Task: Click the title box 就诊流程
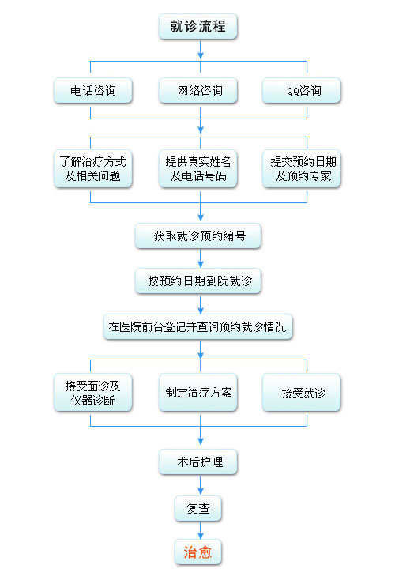[197, 26]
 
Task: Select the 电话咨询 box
[93, 90]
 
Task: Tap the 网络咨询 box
[197, 90]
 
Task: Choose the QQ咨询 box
[302, 90]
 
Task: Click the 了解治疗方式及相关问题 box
[93, 168]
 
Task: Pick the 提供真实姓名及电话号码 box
[197, 168]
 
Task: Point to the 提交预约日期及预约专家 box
[302, 168]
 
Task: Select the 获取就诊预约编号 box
[198, 235]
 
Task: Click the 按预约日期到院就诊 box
[198, 281]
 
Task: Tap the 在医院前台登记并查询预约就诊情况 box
[198, 326]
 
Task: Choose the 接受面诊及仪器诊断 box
[93, 393]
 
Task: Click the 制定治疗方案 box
[197, 393]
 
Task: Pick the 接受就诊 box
[302, 393]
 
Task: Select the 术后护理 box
[197, 461]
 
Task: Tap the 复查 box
[197, 509]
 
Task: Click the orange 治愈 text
[197, 552]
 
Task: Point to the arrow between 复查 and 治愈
[201, 530]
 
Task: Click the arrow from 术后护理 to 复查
[201, 485]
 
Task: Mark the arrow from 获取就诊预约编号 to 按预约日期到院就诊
[201, 258]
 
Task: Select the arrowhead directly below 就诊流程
[201, 56]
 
